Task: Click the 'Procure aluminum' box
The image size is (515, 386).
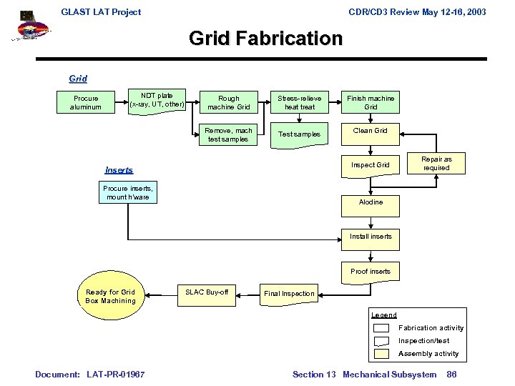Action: click(85, 102)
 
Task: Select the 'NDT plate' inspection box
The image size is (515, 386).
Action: click(157, 100)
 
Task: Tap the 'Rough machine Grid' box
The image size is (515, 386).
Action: click(228, 102)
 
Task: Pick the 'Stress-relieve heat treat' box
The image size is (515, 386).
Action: click(299, 102)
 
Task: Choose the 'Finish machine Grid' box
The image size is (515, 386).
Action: click(371, 102)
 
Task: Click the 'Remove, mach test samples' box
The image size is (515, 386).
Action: click(228, 134)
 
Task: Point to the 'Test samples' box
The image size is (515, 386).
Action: click(299, 134)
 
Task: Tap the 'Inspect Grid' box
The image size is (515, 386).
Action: click(371, 164)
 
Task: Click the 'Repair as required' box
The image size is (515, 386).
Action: click(436, 163)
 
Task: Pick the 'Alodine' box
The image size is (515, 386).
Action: click(371, 202)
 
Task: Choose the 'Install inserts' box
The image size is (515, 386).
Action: click(371, 237)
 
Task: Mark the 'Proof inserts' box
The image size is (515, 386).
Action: click(371, 272)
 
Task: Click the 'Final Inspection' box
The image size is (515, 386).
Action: click(288, 293)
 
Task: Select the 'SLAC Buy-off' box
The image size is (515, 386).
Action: click(207, 292)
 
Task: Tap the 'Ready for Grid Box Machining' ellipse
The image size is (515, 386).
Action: click(110, 296)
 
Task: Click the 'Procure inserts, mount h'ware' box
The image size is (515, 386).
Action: click(128, 192)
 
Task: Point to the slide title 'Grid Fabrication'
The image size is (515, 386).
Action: click(265, 38)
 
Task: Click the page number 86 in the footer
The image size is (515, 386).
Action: click(451, 374)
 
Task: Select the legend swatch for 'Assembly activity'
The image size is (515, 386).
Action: click(382, 353)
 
